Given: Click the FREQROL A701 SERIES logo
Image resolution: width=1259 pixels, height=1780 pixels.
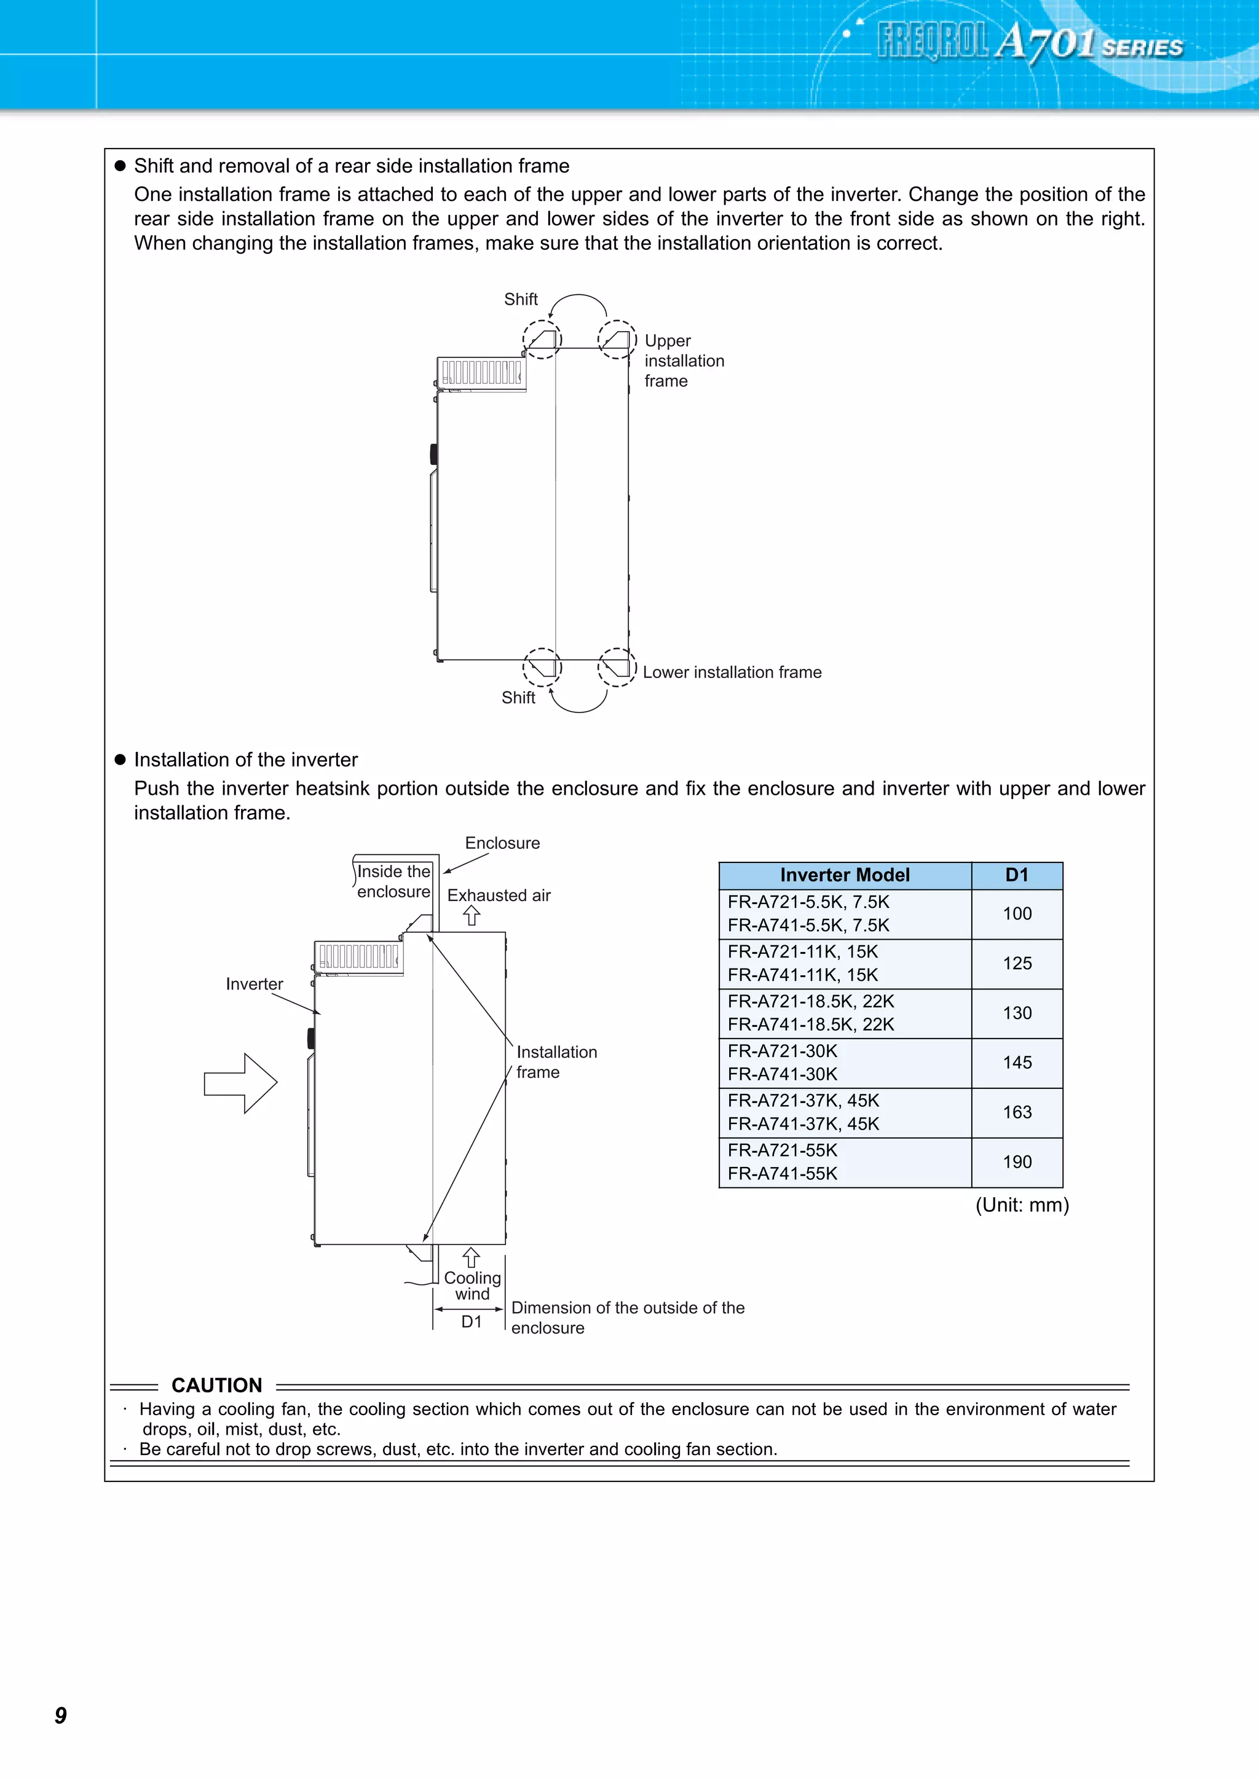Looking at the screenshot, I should [x=1029, y=42].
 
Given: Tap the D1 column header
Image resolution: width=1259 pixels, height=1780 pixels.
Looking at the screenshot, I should [x=1016, y=875].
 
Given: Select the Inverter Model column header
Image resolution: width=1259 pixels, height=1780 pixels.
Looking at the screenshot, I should [x=844, y=875].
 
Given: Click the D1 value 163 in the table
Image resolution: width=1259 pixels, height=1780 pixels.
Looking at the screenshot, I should [x=1016, y=1112].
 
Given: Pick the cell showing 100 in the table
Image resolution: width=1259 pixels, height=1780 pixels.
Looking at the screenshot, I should [x=1016, y=914].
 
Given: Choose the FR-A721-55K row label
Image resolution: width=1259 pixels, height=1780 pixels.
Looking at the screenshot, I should [x=782, y=1150].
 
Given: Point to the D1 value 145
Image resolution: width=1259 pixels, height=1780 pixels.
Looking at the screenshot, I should [x=1016, y=1063].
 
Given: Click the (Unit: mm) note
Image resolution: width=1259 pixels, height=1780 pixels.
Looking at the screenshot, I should [x=1022, y=1204].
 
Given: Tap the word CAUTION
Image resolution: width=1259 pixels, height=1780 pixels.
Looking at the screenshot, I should [x=216, y=1386].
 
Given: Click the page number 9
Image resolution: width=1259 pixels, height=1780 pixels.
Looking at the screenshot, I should [x=60, y=1715].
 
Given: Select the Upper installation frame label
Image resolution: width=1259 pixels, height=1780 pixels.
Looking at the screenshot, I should [x=684, y=361].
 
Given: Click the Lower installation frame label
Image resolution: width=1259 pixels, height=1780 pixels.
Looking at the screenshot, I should [x=732, y=672].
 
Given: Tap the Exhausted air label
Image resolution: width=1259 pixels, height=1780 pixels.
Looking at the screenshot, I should [x=499, y=896].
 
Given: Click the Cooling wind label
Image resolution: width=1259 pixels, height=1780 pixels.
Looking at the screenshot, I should [x=472, y=1286].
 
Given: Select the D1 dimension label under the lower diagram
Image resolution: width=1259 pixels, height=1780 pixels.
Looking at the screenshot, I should [x=472, y=1322].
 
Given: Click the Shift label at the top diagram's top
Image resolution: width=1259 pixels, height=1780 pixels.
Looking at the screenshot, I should [x=521, y=299].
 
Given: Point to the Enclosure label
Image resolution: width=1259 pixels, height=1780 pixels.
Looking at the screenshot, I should [x=502, y=843].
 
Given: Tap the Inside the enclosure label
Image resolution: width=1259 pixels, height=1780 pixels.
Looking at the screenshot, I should [x=393, y=881].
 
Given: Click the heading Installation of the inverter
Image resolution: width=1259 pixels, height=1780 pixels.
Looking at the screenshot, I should [x=245, y=760].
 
